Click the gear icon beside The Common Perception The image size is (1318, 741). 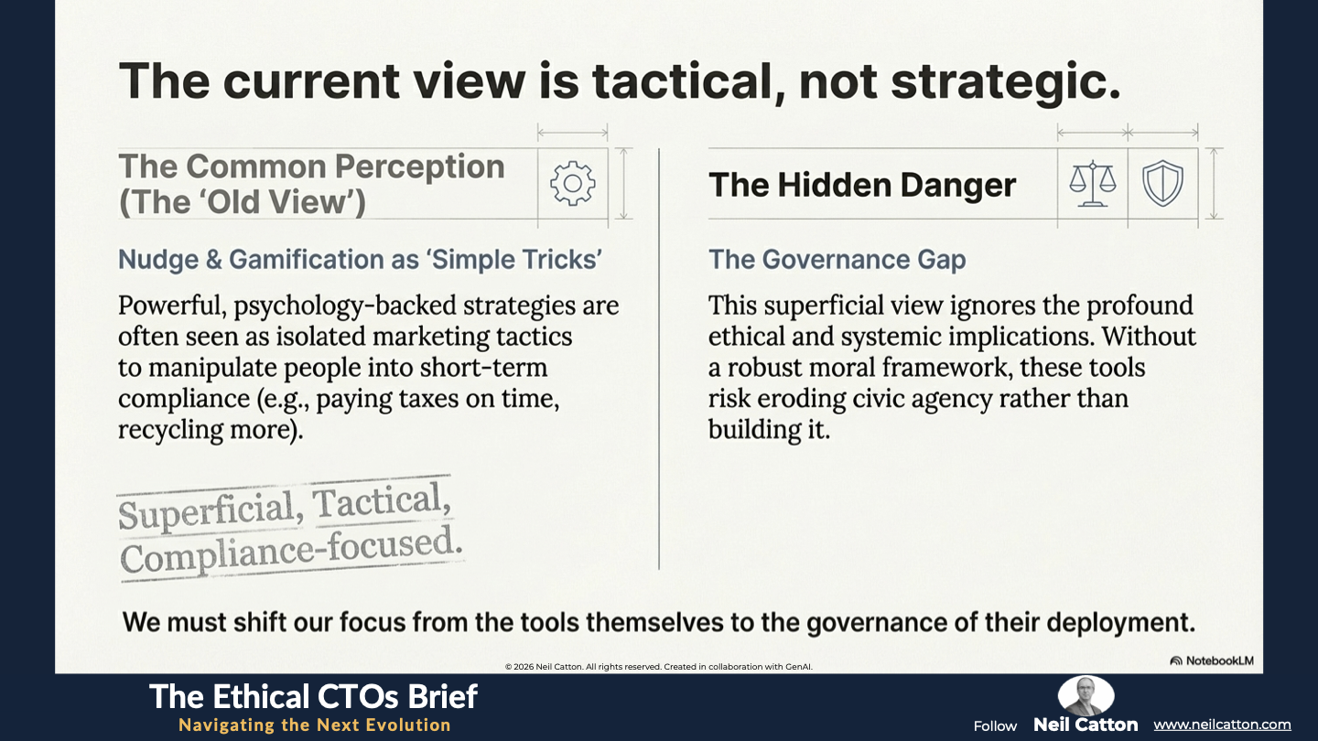tap(573, 184)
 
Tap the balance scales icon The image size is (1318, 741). tap(1093, 184)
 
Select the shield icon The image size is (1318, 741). tap(1162, 184)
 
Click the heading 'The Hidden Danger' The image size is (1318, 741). tap(862, 185)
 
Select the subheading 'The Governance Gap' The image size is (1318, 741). tap(837, 260)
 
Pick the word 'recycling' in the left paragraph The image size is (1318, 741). tap(170, 430)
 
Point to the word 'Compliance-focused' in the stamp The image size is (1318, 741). tap(291, 551)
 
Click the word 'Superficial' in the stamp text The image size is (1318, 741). tap(211, 510)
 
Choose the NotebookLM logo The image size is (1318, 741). tap(1212, 660)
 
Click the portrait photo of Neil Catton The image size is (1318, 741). tap(1086, 695)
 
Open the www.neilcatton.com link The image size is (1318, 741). tap(1222, 725)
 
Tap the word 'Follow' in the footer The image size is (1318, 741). tap(995, 725)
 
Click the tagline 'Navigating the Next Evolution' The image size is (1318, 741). tap(315, 725)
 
